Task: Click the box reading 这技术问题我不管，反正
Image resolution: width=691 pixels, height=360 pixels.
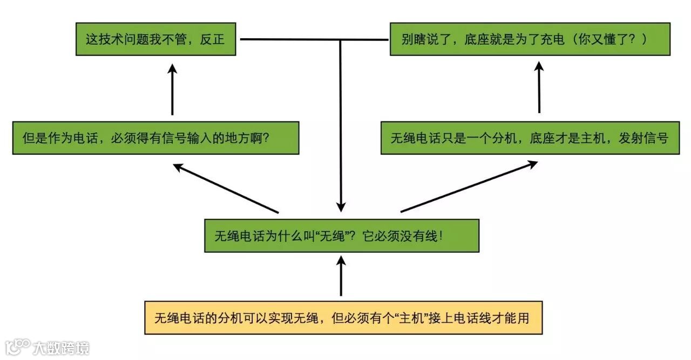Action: click(155, 39)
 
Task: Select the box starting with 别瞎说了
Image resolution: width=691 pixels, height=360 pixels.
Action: click(530, 39)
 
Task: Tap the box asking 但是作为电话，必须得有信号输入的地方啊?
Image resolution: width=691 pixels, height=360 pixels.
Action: click(155, 138)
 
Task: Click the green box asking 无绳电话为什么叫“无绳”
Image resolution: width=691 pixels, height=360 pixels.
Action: click(341, 236)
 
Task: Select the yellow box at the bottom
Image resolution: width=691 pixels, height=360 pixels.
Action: click(343, 318)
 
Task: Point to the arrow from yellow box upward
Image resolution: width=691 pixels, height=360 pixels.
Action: click(341, 276)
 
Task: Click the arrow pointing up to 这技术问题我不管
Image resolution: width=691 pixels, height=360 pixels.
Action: click(172, 89)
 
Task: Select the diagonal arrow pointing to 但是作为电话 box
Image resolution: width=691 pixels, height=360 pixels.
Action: click(226, 189)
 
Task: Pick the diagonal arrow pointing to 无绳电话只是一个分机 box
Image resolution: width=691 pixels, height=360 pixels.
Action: click(469, 186)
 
